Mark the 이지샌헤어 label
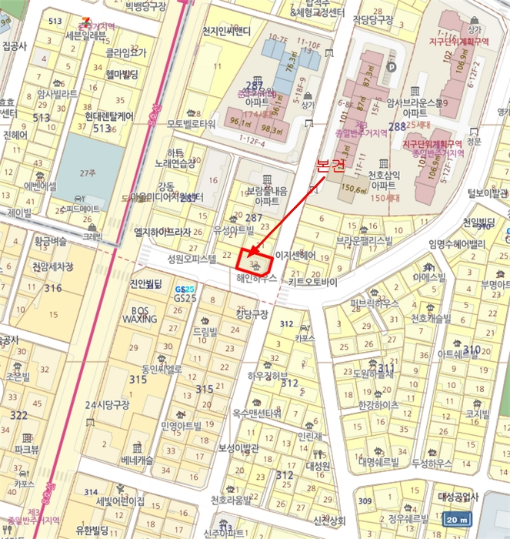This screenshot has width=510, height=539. [x=296, y=255]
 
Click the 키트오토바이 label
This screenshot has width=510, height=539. [x=313, y=283]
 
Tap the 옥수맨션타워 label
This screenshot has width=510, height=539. [x=256, y=413]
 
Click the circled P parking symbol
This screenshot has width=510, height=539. [x=390, y=67]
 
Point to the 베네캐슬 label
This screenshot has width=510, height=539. [x=138, y=460]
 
